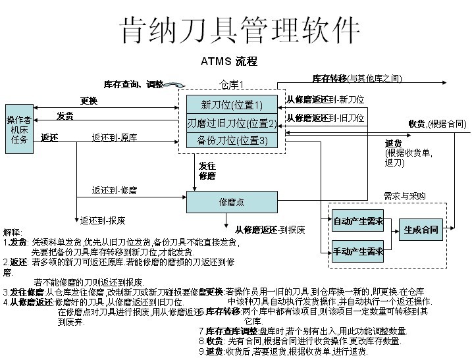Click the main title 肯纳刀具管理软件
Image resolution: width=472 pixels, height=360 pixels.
pyautogui.click(x=240, y=30)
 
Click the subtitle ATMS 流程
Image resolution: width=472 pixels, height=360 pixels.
pyautogui.click(x=228, y=61)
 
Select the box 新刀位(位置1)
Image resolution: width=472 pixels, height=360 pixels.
pyautogui.click(x=232, y=105)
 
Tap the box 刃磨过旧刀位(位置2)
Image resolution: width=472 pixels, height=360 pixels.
pyautogui.click(x=232, y=123)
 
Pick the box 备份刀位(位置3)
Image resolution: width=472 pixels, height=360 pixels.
pyautogui.click(x=232, y=140)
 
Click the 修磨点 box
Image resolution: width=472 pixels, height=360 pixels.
pyautogui.click(x=232, y=202)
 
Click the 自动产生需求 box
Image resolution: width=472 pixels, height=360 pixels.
pyautogui.click(x=357, y=221)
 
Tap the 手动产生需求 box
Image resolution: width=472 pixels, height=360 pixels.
pyautogui.click(x=357, y=252)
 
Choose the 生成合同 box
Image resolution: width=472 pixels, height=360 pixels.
pyautogui.click(x=421, y=230)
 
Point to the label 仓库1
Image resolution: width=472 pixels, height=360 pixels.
pyautogui.click(x=232, y=84)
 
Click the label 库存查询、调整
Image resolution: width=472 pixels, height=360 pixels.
pyautogui.click(x=134, y=84)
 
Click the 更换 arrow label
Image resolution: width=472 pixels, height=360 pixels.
pyautogui.click(x=89, y=101)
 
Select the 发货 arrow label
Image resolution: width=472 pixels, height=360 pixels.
pyautogui.click(x=65, y=116)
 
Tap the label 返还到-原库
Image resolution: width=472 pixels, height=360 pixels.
pyautogui.click(x=115, y=138)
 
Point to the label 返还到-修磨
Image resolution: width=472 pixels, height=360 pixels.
pyautogui.click(x=115, y=190)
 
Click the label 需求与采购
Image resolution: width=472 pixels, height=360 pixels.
pyautogui.click(x=404, y=196)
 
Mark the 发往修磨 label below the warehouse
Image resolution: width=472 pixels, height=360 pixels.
pyautogui.click(x=207, y=171)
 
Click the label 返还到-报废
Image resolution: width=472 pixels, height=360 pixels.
pyautogui.click(x=103, y=220)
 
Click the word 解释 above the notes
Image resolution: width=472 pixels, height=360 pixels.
pyautogui.click(x=13, y=232)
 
